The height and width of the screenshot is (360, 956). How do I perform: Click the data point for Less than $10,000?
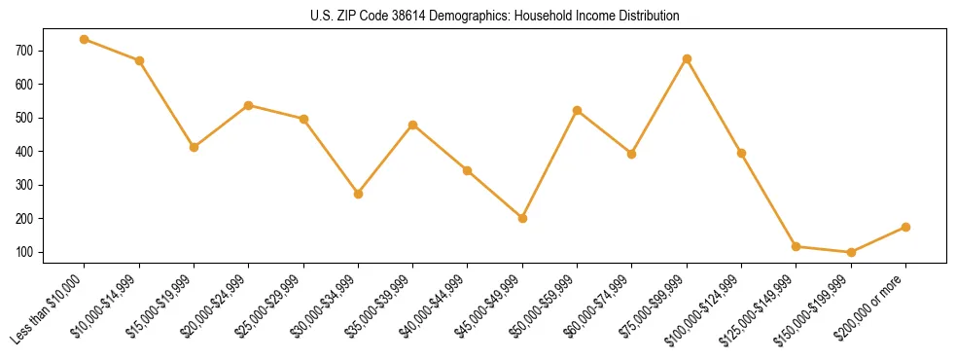pyautogui.click(x=85, y=39)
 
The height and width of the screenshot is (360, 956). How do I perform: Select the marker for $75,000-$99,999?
pyautogui.click(x=687, y=59)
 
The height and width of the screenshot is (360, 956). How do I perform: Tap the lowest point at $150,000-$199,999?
pyautogui.click(x=851, y=252)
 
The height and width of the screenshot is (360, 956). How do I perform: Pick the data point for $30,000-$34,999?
pyautogui.click(x=358, y=194)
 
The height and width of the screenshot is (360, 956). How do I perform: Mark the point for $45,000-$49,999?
pyautogui.click(x=522, y=218)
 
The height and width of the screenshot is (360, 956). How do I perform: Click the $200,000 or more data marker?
pyautogui.click(x=905, y=227)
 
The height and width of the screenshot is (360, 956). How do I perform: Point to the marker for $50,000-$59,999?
pyautogui.click(x=577, y=110)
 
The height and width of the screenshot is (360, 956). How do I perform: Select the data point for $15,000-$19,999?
pyautogui.click(x=194, y=147)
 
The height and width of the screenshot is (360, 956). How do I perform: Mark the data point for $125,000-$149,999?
pyautogui.click(x=796, y=246)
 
